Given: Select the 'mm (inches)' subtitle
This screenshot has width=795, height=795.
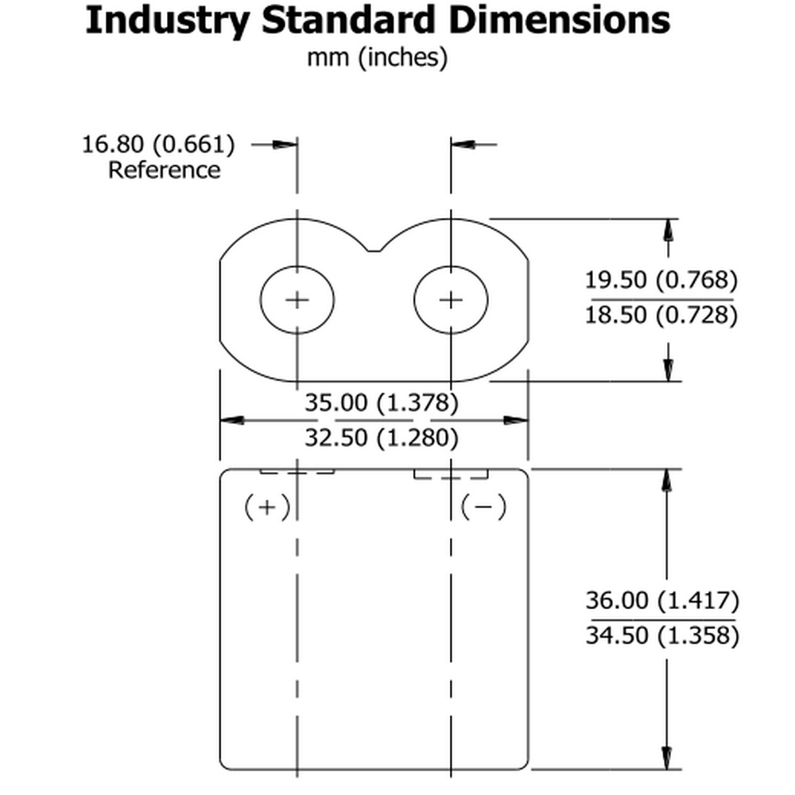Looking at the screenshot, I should click(x=377, y=57).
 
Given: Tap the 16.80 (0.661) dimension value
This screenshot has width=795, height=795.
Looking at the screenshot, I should click(x=159, y=145).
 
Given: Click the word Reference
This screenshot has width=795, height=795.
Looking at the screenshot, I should click(x=164, y=169).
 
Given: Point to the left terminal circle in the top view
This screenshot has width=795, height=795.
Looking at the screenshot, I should click(x=297, y=299).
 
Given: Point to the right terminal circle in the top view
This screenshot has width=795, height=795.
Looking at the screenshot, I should click(x=451, y=299).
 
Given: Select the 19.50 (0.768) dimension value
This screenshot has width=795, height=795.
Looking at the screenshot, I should click(x=661, y=280).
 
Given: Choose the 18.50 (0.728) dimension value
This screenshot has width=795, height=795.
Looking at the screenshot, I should click(x=661, y=315).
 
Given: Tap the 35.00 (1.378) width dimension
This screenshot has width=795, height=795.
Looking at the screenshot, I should click(x=382, y=403).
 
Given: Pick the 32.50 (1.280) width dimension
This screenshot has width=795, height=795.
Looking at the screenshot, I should click(x=382, y=437).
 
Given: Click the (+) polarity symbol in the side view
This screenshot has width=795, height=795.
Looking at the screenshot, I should click(x=267, y=506).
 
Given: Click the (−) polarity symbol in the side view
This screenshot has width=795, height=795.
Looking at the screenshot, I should click(x=483, y=506).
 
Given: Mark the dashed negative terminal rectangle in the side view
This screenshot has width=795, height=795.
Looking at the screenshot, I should click(x=450, y=474).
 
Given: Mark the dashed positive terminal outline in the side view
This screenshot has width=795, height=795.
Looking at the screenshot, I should click(x=297, y=471).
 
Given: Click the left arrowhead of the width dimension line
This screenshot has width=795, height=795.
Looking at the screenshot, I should click(x=231, y=420).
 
